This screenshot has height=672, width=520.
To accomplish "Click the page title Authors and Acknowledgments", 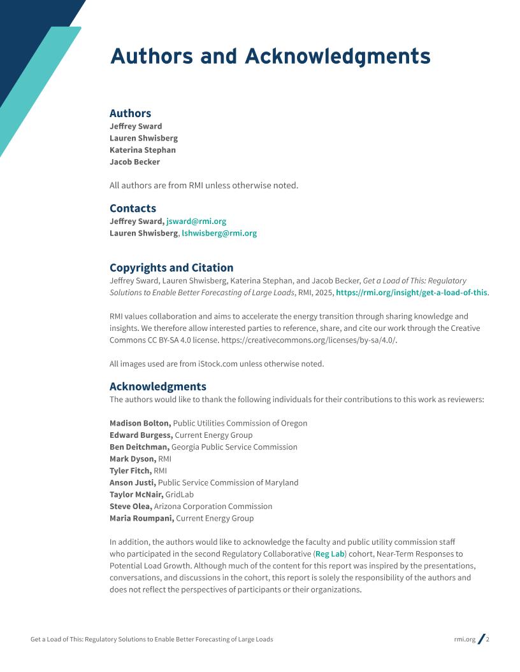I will (270, 57).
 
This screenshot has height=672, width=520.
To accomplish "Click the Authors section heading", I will (130, 113).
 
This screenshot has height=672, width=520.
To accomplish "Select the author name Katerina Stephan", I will (142, 150).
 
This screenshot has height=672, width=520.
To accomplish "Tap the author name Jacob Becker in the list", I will (134, 162).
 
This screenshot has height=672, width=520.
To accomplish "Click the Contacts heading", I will (133, 208).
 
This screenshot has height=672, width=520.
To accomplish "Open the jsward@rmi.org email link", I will (196, 221).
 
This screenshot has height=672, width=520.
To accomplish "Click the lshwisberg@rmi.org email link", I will (219, 234).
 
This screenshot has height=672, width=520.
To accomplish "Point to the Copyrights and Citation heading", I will (171, 267).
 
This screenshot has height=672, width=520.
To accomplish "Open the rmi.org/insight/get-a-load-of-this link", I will (411, 293).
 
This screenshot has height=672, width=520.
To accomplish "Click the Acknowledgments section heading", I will (157, 386).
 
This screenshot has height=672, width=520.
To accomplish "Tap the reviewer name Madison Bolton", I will (140, 423).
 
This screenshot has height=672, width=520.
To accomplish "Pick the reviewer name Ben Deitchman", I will (139, 447).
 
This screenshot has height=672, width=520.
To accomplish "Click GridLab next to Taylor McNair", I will (179, 494).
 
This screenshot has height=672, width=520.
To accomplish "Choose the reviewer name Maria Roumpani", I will (141, 519).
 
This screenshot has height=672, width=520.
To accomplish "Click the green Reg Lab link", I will (329, 554).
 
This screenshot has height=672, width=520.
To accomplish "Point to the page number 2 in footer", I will (487, 640).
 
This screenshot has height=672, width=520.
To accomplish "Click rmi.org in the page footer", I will (465, 640).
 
